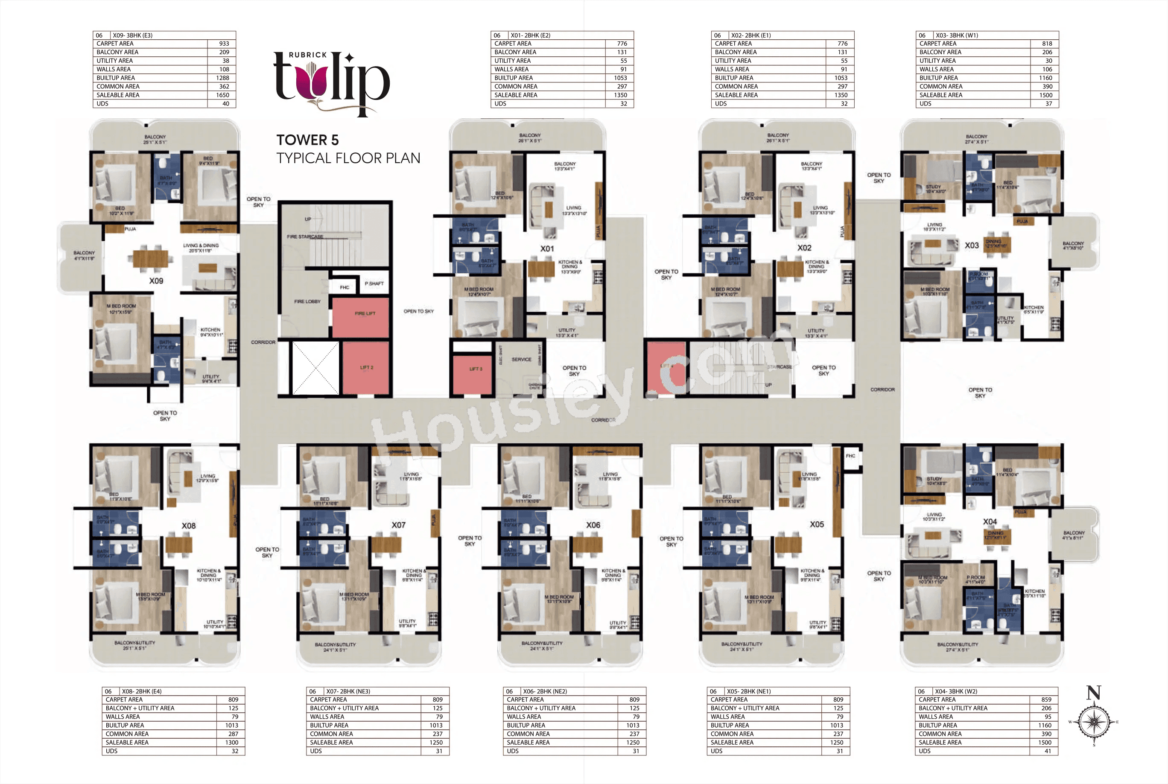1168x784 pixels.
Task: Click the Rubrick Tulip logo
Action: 331,82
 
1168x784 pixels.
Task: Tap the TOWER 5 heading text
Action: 307,140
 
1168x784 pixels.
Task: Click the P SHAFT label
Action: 374,284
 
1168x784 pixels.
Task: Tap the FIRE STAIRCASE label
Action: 305,237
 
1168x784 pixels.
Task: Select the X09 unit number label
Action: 156,281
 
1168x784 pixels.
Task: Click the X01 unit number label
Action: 547,249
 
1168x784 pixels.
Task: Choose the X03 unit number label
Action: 972,246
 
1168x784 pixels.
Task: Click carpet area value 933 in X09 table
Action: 224,44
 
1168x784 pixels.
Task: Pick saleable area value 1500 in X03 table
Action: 1045,95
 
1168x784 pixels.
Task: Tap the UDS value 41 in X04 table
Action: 1048,751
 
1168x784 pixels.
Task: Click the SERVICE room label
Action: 521,360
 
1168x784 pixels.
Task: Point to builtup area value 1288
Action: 222,78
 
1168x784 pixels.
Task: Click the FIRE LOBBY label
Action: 307,301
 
